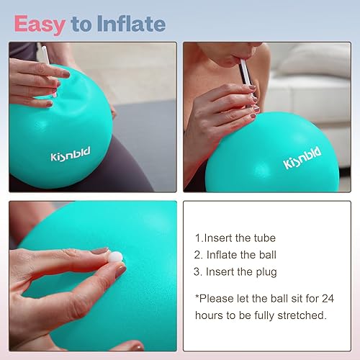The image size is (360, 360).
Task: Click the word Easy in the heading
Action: pyautogui.click(x=42, y=24)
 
